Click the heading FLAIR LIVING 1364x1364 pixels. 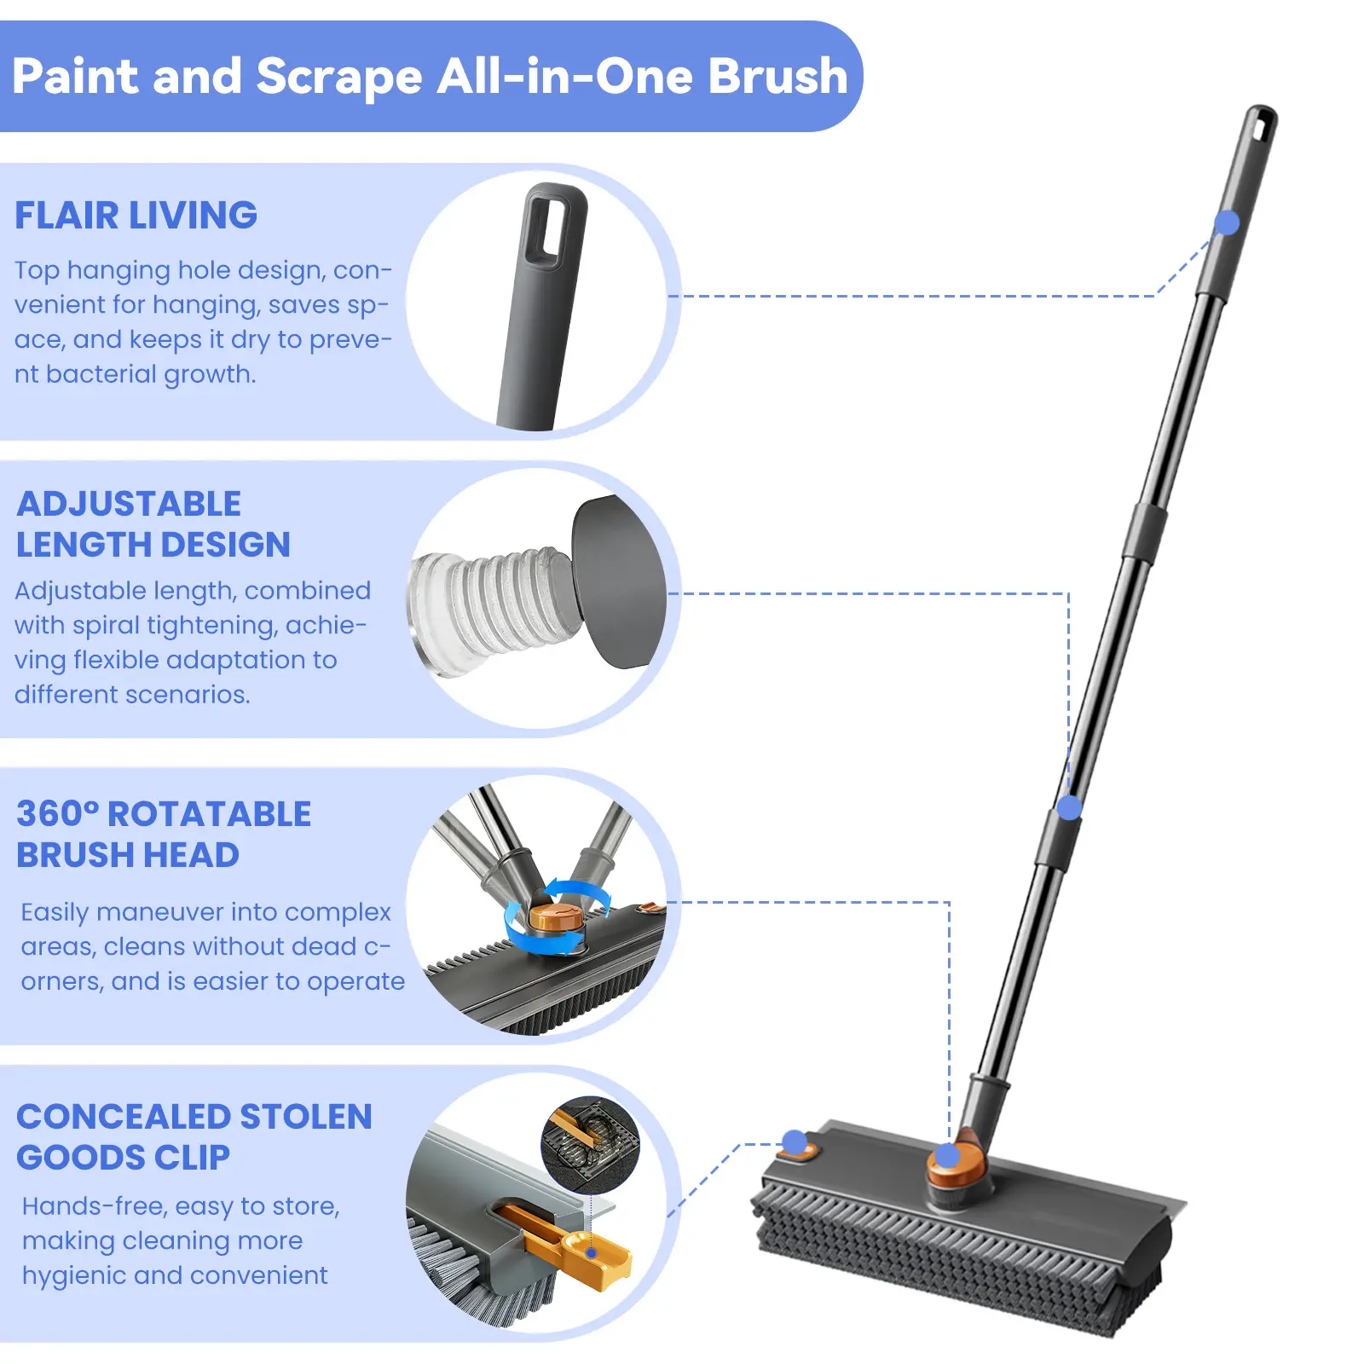[136, 215]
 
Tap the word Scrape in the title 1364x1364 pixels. [338, 78]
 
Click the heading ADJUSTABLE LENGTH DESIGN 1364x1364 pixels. [153, 524]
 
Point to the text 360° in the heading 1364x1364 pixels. [58, 814]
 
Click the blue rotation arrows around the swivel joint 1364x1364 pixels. [557, 916]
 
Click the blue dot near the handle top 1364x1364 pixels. [1227, 223]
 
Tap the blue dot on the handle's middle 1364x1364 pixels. [1069, 806]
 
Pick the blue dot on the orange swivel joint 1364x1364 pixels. [947, 1156]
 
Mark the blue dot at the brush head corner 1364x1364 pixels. [795, 1141]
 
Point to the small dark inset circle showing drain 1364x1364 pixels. [590, 1145]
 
